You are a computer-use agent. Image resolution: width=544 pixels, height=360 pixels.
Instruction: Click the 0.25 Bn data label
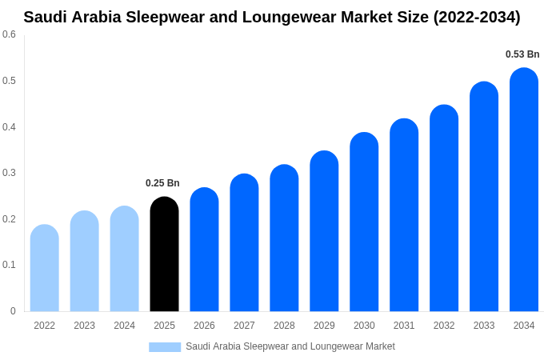click(x=162, y=183)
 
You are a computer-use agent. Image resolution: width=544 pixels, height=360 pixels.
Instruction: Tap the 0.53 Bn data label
click(x=522, y=54)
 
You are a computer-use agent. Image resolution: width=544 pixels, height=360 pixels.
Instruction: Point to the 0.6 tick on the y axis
click(x=9, y=34)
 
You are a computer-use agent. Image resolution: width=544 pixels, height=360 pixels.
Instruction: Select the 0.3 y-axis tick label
click(x=9, y=173)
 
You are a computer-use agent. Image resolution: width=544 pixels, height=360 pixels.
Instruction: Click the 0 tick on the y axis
click(x=13, y=311)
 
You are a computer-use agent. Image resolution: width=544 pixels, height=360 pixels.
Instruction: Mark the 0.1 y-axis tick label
click(x=9, y=265)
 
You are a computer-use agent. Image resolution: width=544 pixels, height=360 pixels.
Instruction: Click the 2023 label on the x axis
click(x=84, y=326)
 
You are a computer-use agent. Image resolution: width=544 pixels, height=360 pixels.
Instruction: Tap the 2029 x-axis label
click(x=324, y=326)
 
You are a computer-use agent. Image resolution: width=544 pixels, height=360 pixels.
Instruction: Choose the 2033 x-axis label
click(x=484, y=326)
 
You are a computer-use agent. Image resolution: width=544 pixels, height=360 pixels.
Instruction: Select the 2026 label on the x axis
click(x=204, y=326)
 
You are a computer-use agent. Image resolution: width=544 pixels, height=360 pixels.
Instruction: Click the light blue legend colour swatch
click(x=165, y=346)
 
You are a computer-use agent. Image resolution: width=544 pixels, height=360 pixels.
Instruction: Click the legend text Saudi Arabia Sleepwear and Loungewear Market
click(x=290, y=346)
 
